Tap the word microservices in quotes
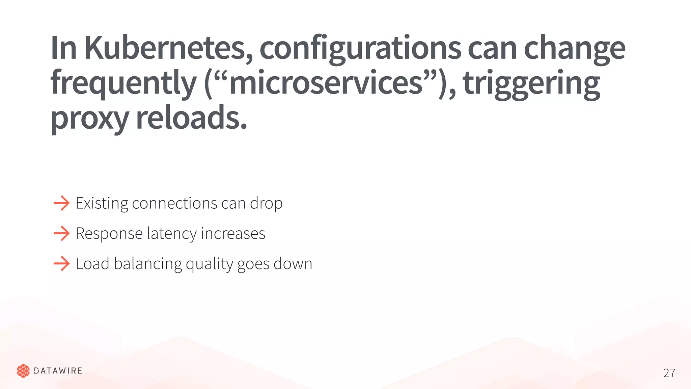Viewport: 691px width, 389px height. pos(326,83)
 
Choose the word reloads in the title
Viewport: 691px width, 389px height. pos(191,117)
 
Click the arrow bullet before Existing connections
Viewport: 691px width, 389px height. pos(61,203)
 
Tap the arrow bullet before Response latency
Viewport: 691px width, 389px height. pos(61,233)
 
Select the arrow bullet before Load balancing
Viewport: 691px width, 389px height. pos(61,263)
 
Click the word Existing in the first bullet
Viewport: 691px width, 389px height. pos(102,203)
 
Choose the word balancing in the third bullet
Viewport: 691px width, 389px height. pos(148,264)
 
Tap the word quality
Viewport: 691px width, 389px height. pos(209,264)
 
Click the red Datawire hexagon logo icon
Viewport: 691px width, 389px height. pos(23,371)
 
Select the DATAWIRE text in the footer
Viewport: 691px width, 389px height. pos(58,371)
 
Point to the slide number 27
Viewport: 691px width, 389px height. pos(669,373)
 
